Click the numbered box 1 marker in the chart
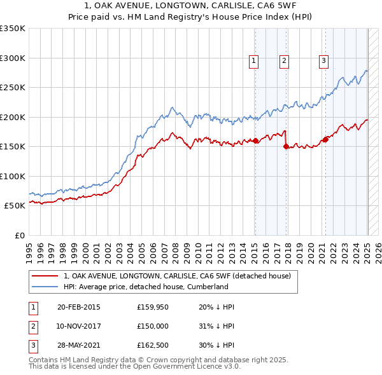(x=254, y=61)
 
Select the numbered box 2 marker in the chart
(x=283, y=61)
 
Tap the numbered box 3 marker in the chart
(x=323, y=61)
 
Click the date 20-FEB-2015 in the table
(x=79, y=307)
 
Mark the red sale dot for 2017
(x=285, y=146)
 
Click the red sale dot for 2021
(x=325, y=139)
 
